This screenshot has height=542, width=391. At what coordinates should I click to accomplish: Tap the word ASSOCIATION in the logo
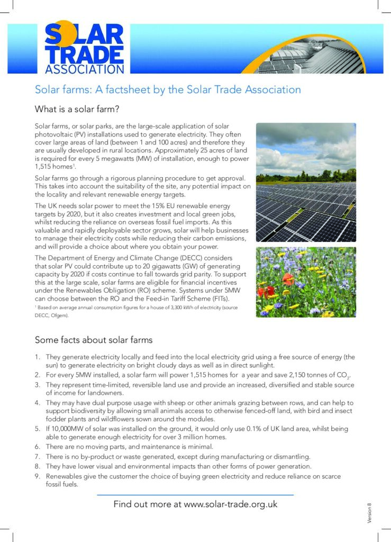pos(85,69)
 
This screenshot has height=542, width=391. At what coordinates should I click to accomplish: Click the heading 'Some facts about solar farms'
pos(94,339)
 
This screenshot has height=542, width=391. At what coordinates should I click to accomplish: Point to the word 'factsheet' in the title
pos(130,89)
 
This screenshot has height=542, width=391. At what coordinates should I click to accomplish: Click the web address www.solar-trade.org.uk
pos(231,504)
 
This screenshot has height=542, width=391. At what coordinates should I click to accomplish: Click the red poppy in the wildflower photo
pos(289,278)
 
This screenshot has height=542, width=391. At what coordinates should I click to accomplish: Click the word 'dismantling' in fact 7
pos(290,456)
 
